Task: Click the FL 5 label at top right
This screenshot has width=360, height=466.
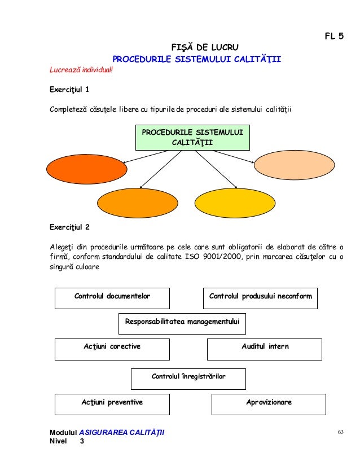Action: tap(333, 37)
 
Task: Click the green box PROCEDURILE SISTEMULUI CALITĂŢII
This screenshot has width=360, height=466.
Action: tap(193, 137)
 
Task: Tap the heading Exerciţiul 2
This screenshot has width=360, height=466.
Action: tap(69, 228)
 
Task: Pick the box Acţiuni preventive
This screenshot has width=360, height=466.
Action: tap(112, 403)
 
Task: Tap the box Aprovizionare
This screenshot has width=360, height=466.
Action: tap(269, 403)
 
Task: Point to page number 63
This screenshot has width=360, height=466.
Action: tap(340, 432)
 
